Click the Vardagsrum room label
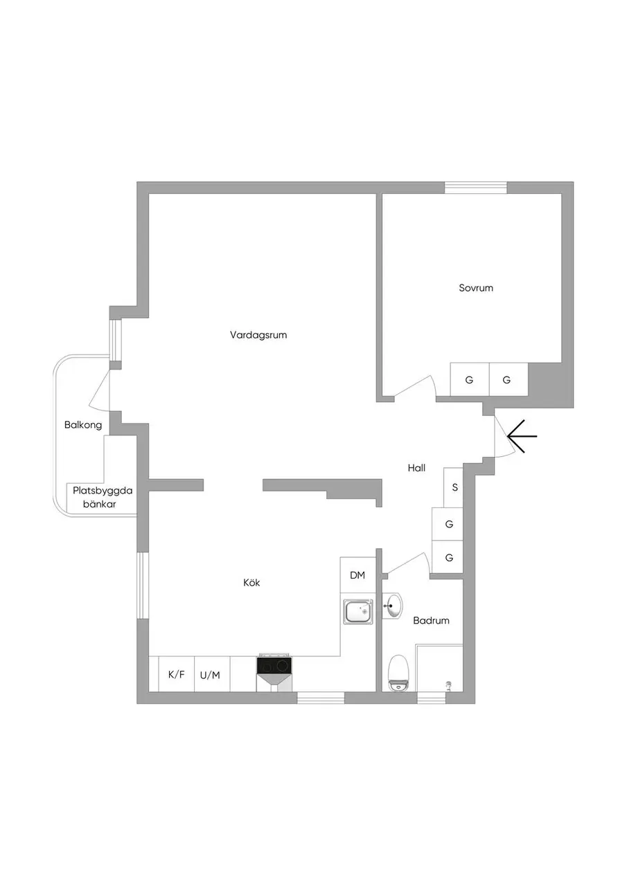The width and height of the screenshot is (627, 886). click(258, 335)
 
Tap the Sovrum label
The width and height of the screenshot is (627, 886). click(476, 288)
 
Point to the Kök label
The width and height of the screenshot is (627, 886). click(251, 583)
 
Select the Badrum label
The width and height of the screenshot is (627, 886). click(431, 620)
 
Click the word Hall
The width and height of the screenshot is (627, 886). click(416, 468)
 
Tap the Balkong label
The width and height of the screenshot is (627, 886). click(83, 425)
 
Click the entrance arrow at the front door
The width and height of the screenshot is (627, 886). click(522, 436)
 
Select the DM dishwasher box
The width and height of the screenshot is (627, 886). click(357, 575)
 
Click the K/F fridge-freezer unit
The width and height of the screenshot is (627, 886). click(176, 674)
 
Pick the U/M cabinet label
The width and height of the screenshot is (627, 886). click(210, 675)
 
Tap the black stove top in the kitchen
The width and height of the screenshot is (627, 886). click(275, 666)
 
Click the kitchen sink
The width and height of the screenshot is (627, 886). click(358, 612)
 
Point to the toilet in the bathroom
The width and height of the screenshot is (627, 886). click(398, 673)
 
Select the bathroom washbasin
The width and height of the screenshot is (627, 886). click(392, 605)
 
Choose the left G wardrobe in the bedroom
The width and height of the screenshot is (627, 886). click(470, 379)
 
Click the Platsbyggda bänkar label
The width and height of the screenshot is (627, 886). click(102, 497)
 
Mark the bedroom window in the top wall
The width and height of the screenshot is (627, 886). click(475, 188)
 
